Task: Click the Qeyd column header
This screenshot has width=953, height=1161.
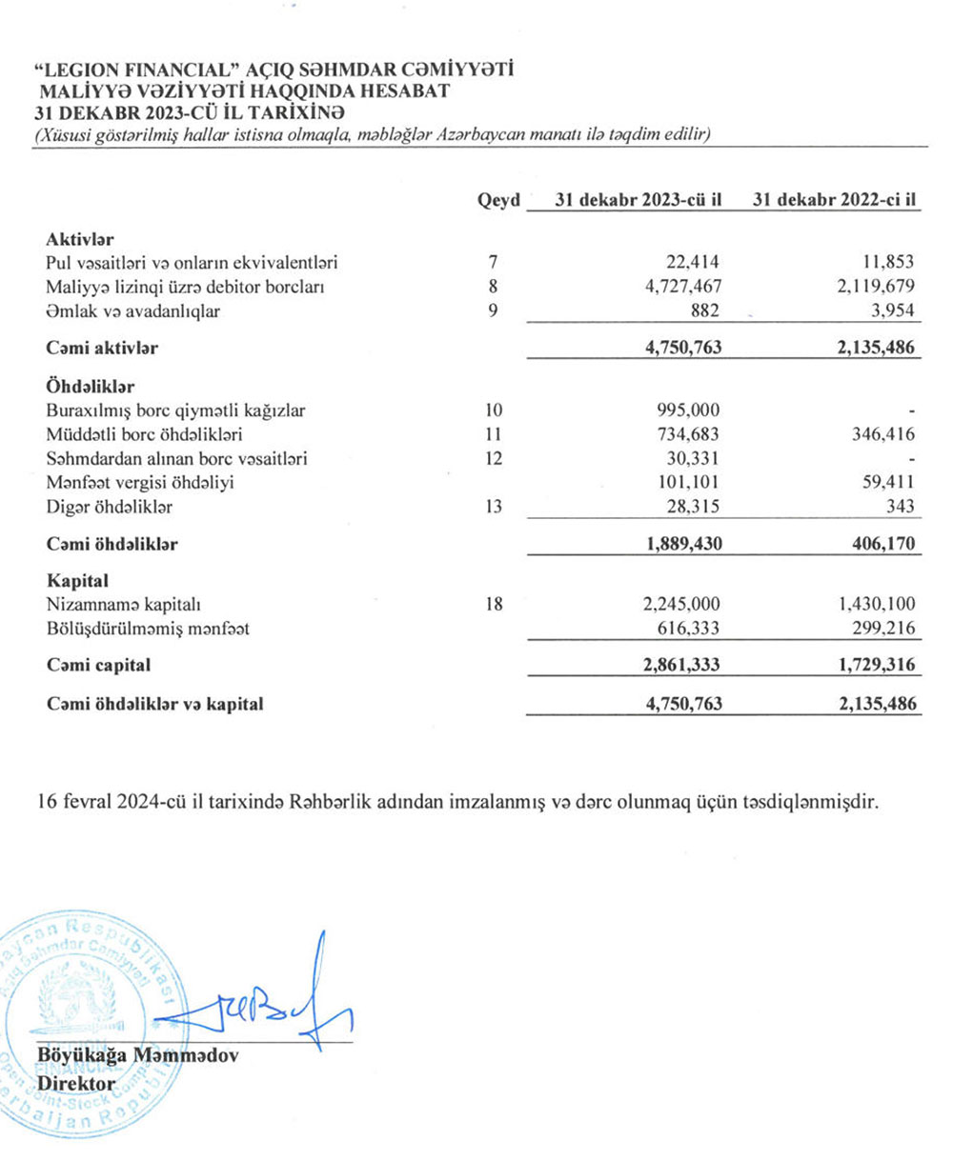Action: click(498, 201)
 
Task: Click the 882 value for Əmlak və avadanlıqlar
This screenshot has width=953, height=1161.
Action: click(705, 310)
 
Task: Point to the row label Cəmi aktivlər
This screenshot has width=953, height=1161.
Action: click(102, 348)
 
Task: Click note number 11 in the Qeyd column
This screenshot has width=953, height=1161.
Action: click(492, 435)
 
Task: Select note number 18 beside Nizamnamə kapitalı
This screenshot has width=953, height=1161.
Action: click(493, 603)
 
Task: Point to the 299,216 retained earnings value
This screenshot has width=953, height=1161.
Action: click(881, 627)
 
